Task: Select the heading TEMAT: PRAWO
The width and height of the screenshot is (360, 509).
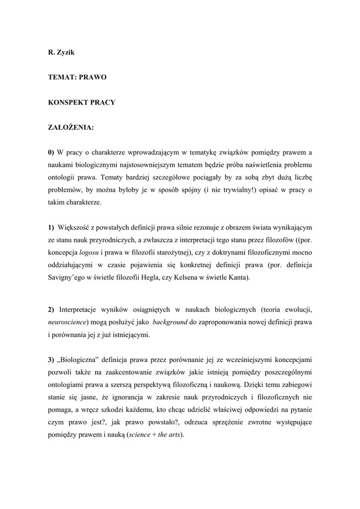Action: coord(77,78)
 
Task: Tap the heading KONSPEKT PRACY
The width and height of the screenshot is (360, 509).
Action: coord(82,102)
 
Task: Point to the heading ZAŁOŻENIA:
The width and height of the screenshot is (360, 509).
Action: coord(71,127)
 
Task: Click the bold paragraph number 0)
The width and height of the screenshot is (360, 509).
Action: coord(51,152)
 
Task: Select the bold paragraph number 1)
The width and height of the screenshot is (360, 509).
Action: coord(51,228)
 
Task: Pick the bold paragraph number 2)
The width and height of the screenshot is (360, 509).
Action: coord(51,310)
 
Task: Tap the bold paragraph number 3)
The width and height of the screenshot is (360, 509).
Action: coord(51,359)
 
